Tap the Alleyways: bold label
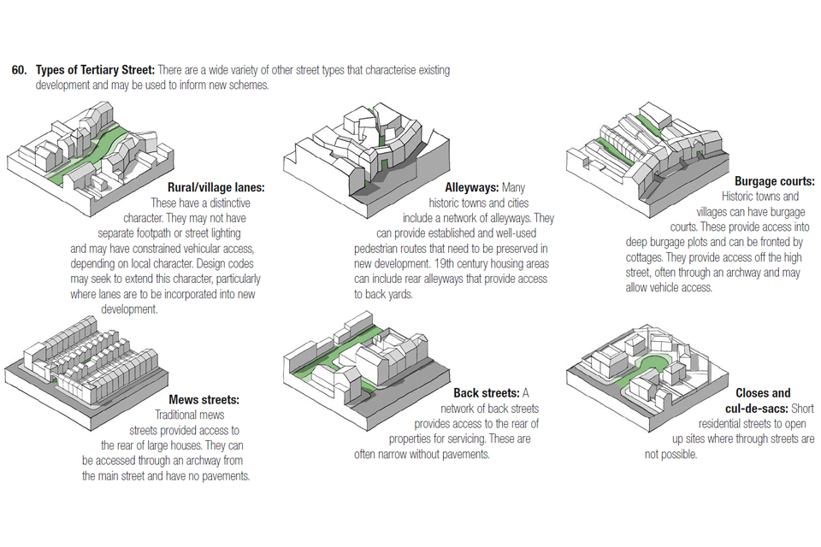[472, 187]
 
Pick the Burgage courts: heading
[774, 181]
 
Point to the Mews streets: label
[204, 399]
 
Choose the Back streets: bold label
[486, 393]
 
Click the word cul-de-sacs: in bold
[757, 409]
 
